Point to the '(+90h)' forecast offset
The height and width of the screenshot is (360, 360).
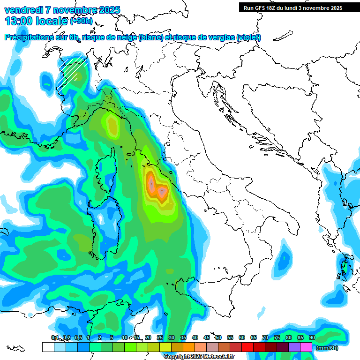click(x=81, y=21)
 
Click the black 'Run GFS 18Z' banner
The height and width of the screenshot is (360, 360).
click(x=292, y=7)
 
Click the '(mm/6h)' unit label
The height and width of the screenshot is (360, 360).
click(x=327, y=348)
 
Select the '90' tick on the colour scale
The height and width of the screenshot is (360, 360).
click(x=312, y=337)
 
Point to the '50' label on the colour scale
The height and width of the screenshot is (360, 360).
click(x=218, y=337)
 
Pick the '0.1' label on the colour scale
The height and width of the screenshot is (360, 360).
click(x=55, y=337)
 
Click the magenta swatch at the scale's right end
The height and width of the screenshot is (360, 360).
click(x=306, y=347)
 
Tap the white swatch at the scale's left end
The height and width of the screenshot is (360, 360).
click(x=48, y=347)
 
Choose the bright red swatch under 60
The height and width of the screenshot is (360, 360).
click(x=247, y=347)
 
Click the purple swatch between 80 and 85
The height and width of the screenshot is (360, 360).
click(x=294, y=347)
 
